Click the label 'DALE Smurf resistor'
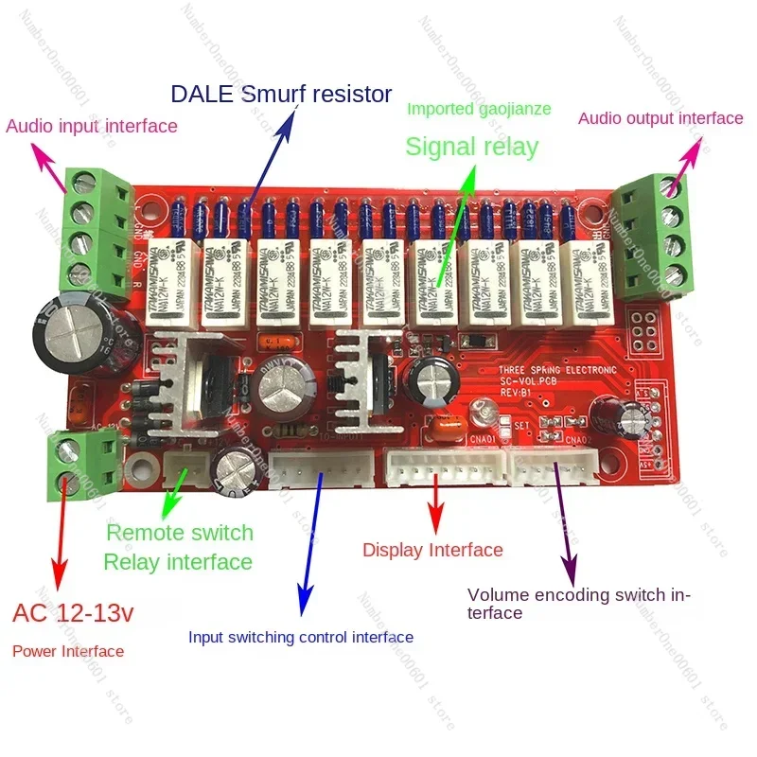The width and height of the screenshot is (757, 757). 280,95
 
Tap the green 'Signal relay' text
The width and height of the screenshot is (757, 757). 471,147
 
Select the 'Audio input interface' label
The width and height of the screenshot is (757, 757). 92,126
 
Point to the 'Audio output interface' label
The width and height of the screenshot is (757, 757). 660,118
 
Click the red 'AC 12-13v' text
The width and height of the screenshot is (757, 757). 74,613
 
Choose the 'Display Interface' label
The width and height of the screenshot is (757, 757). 432,550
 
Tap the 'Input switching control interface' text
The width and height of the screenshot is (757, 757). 301,637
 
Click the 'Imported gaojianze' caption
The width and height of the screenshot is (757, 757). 479,109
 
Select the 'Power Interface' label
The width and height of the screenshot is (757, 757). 68,651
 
